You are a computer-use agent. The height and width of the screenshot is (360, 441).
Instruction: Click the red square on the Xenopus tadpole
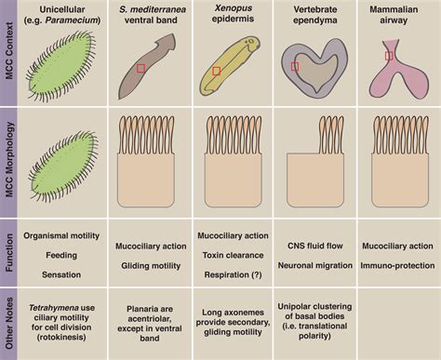click(x=216, y=71)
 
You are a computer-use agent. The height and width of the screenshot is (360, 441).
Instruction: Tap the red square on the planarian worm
click(x=140, y=68)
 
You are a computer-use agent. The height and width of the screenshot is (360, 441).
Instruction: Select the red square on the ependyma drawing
click(x=294, y=67)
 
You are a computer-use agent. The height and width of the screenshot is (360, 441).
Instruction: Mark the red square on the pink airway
click(x=390, y=57)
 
